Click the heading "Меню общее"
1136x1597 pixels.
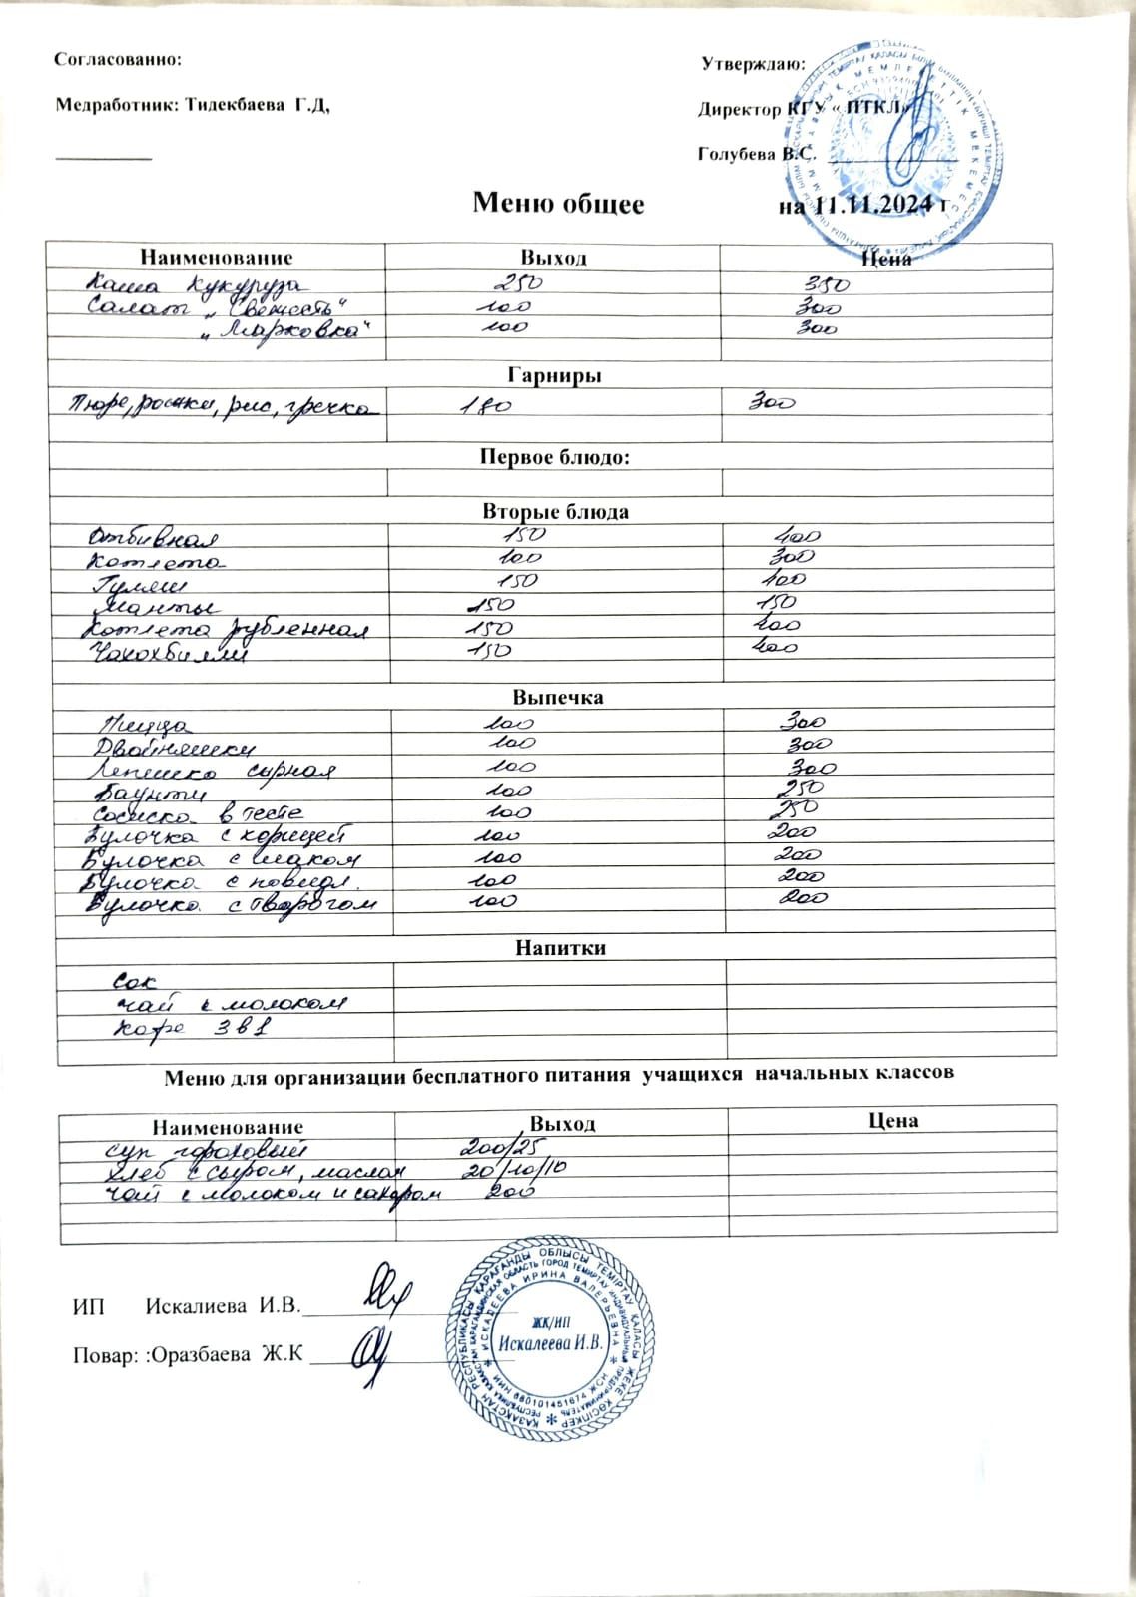coord(558,204)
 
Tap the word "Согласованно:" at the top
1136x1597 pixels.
coord(118,59)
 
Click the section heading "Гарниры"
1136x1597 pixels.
coord(554,376)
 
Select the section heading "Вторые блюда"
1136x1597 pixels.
coord(556,512)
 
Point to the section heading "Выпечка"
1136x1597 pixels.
coord(557,697)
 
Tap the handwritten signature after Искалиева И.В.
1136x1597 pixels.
coord(381,1295)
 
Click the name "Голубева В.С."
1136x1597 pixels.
coord(756,155)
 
